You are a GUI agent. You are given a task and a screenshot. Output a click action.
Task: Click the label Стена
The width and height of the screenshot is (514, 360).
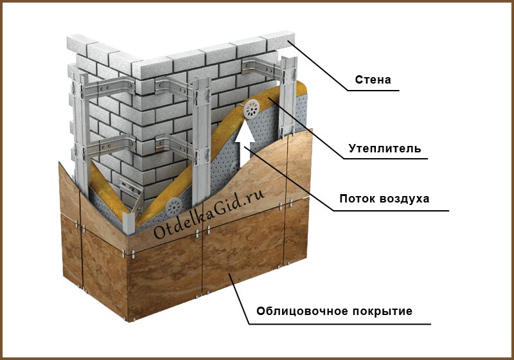pos(373,80)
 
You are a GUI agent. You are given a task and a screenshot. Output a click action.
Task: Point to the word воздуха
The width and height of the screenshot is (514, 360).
pos(405,199)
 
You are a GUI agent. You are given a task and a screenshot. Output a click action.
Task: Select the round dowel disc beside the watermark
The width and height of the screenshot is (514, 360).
pos(173,206)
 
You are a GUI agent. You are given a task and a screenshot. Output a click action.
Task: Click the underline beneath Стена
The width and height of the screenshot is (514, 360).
pos(373,91)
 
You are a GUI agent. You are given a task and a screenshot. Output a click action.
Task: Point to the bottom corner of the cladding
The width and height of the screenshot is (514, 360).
pos(134,319)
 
